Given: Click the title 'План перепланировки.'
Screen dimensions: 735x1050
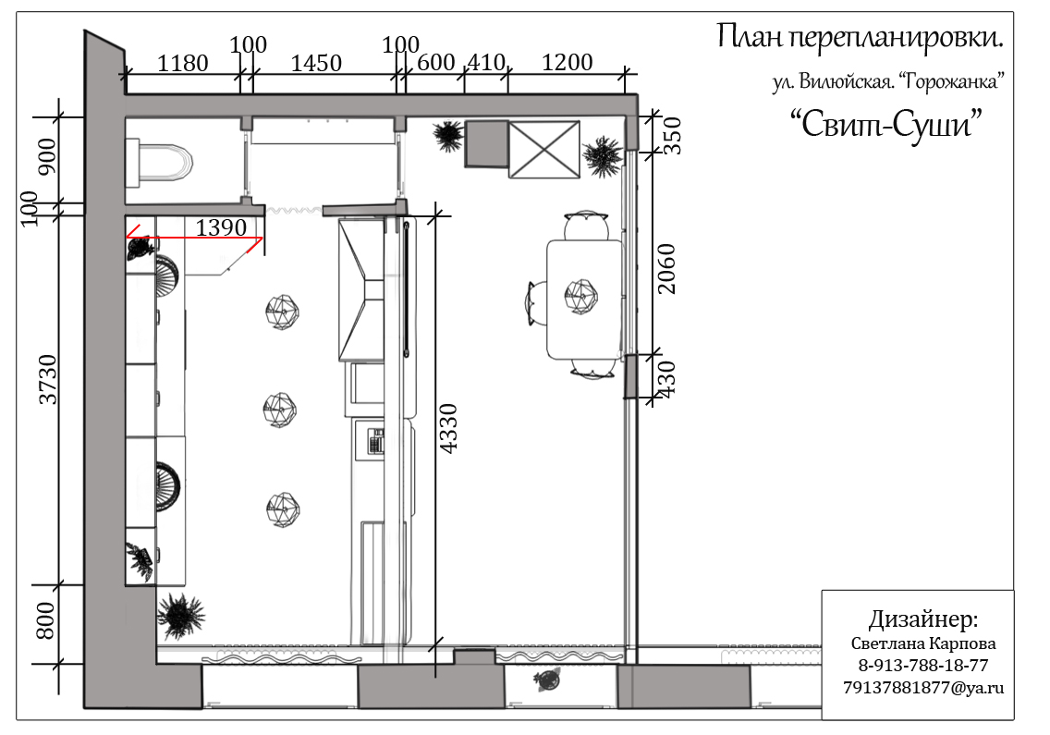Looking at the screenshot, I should [x=860, y=38].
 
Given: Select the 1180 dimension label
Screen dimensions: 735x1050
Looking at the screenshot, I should [x=183, y=64].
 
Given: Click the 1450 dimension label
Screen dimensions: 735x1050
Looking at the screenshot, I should [x=316, y=64].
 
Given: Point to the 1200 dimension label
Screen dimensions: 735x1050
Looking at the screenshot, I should [x=567, y=63].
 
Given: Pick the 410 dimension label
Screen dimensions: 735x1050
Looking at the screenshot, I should [x=486, y=63].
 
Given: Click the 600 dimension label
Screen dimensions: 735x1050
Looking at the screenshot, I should [x=436, y=63].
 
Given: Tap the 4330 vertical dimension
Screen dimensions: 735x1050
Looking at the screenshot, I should [x=448, y=427].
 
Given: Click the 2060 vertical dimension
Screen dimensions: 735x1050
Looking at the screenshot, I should [x=667, y=268].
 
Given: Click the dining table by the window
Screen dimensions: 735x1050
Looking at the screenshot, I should [x=584, y=299].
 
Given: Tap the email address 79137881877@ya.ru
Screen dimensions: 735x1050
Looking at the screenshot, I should [x=922, y=688].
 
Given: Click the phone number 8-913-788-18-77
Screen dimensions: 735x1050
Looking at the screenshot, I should [x=922, y=666].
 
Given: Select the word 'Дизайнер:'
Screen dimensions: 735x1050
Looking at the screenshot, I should [x=922, y=619].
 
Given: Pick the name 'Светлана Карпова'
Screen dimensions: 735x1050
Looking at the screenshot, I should [x=922, y=643].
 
